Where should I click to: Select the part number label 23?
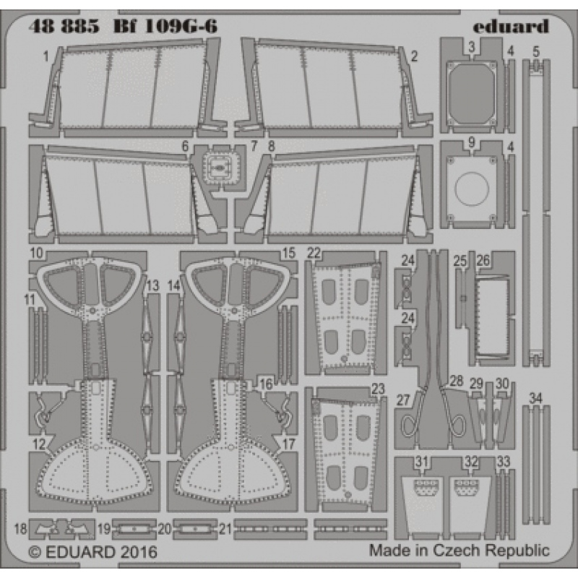pyautogui.click(x=377, y=388)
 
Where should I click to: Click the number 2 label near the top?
pyautogui.click(x=414, y=55)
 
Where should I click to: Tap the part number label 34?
pyautogui.click(x=535, y=397)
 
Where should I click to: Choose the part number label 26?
pyautogui.click(x=483, y=259)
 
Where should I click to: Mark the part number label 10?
pyautogui.click(x=38, y=253)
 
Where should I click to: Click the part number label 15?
pyautogui.click(x=288, y=253)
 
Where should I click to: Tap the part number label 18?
pyautogui.click(x=20, y=529)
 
